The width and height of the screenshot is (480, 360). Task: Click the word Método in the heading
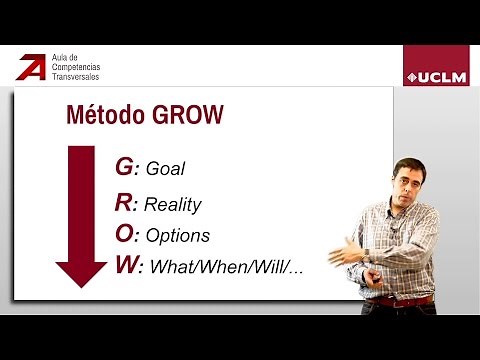(x=101, y=115)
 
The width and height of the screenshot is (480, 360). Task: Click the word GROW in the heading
(x=182, y=115)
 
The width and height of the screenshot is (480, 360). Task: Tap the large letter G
(x=123, y=167)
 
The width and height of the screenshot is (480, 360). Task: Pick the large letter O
(x=125, y=234)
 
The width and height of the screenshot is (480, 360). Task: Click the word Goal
(x=164, y=170)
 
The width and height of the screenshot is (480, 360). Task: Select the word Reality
(x=172, y=205)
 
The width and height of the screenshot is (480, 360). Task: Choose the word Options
(x=177, y=236)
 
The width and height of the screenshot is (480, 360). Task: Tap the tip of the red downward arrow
(x=81, y=285)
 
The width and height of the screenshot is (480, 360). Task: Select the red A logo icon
(x=30, y=67)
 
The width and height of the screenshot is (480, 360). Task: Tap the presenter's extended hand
(x=347, y=255)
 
